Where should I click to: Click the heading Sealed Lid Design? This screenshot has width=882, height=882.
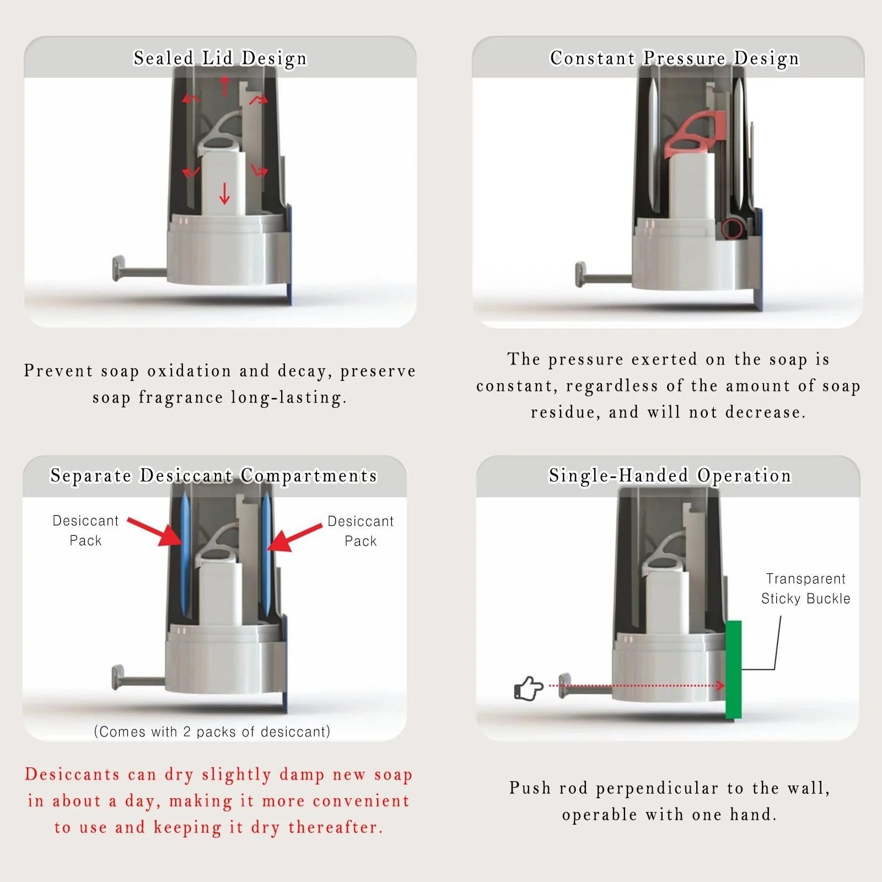coord(220,58)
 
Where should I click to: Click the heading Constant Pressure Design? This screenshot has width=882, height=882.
coord(674,58)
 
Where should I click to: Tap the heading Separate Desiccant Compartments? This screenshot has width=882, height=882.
coord(214,475)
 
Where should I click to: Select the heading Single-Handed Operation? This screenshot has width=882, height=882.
coord(670,475)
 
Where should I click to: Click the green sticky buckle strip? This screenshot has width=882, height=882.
coord(733,669)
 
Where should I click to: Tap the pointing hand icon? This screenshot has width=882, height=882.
coord(528,689)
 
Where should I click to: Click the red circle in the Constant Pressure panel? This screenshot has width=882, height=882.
coord(732,228)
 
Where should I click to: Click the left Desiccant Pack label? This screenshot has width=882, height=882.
coord(85,530)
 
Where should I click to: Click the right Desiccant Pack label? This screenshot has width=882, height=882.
coord(361,531)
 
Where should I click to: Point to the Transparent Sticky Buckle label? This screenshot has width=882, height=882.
coord(805,589)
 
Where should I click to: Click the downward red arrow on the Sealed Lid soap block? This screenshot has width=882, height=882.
coord(224,193)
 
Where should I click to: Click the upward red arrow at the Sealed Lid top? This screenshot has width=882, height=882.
coord(224,85)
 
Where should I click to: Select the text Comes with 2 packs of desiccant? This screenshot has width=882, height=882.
coord(212,732)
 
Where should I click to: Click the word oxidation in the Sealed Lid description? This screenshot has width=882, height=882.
coord(189,371)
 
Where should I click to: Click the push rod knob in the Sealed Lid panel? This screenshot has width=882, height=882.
coord(118,268)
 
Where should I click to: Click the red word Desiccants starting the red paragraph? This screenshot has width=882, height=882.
coord(72,774)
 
